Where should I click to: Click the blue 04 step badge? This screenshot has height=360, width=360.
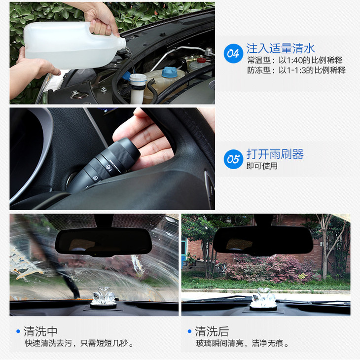[x=233, y=53]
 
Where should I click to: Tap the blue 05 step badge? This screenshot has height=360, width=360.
[x=233, y=159]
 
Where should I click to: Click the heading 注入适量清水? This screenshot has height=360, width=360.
[x=280, y=48]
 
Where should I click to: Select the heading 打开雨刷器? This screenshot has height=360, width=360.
[x=275, y=154]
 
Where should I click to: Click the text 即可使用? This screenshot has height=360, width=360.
[x=262, y=166]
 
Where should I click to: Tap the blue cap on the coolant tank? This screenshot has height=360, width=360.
[x=170, y=72]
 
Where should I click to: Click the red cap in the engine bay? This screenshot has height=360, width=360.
[x=201, y=60]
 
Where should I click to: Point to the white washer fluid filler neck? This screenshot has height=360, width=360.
[x=138, y=88]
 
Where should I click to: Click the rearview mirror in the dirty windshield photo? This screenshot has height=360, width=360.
[x=104, y=242]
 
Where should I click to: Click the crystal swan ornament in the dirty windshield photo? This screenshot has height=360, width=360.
[x=104, y=297]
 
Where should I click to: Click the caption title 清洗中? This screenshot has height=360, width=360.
[x=40, y=331]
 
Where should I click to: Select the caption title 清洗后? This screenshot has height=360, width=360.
[x=212, y=331]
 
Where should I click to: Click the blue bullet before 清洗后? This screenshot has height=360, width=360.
[x=189, y=331]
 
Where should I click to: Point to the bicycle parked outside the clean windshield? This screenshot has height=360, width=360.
[x=221, y=268]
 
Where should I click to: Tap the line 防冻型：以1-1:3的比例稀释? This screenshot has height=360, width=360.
[x=296, y=70]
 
